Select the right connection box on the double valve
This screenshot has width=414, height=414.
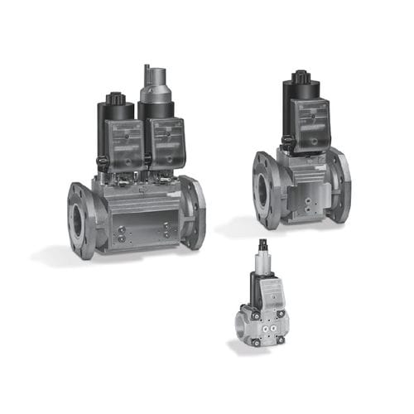pyautogui.click(x=168, y=141)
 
